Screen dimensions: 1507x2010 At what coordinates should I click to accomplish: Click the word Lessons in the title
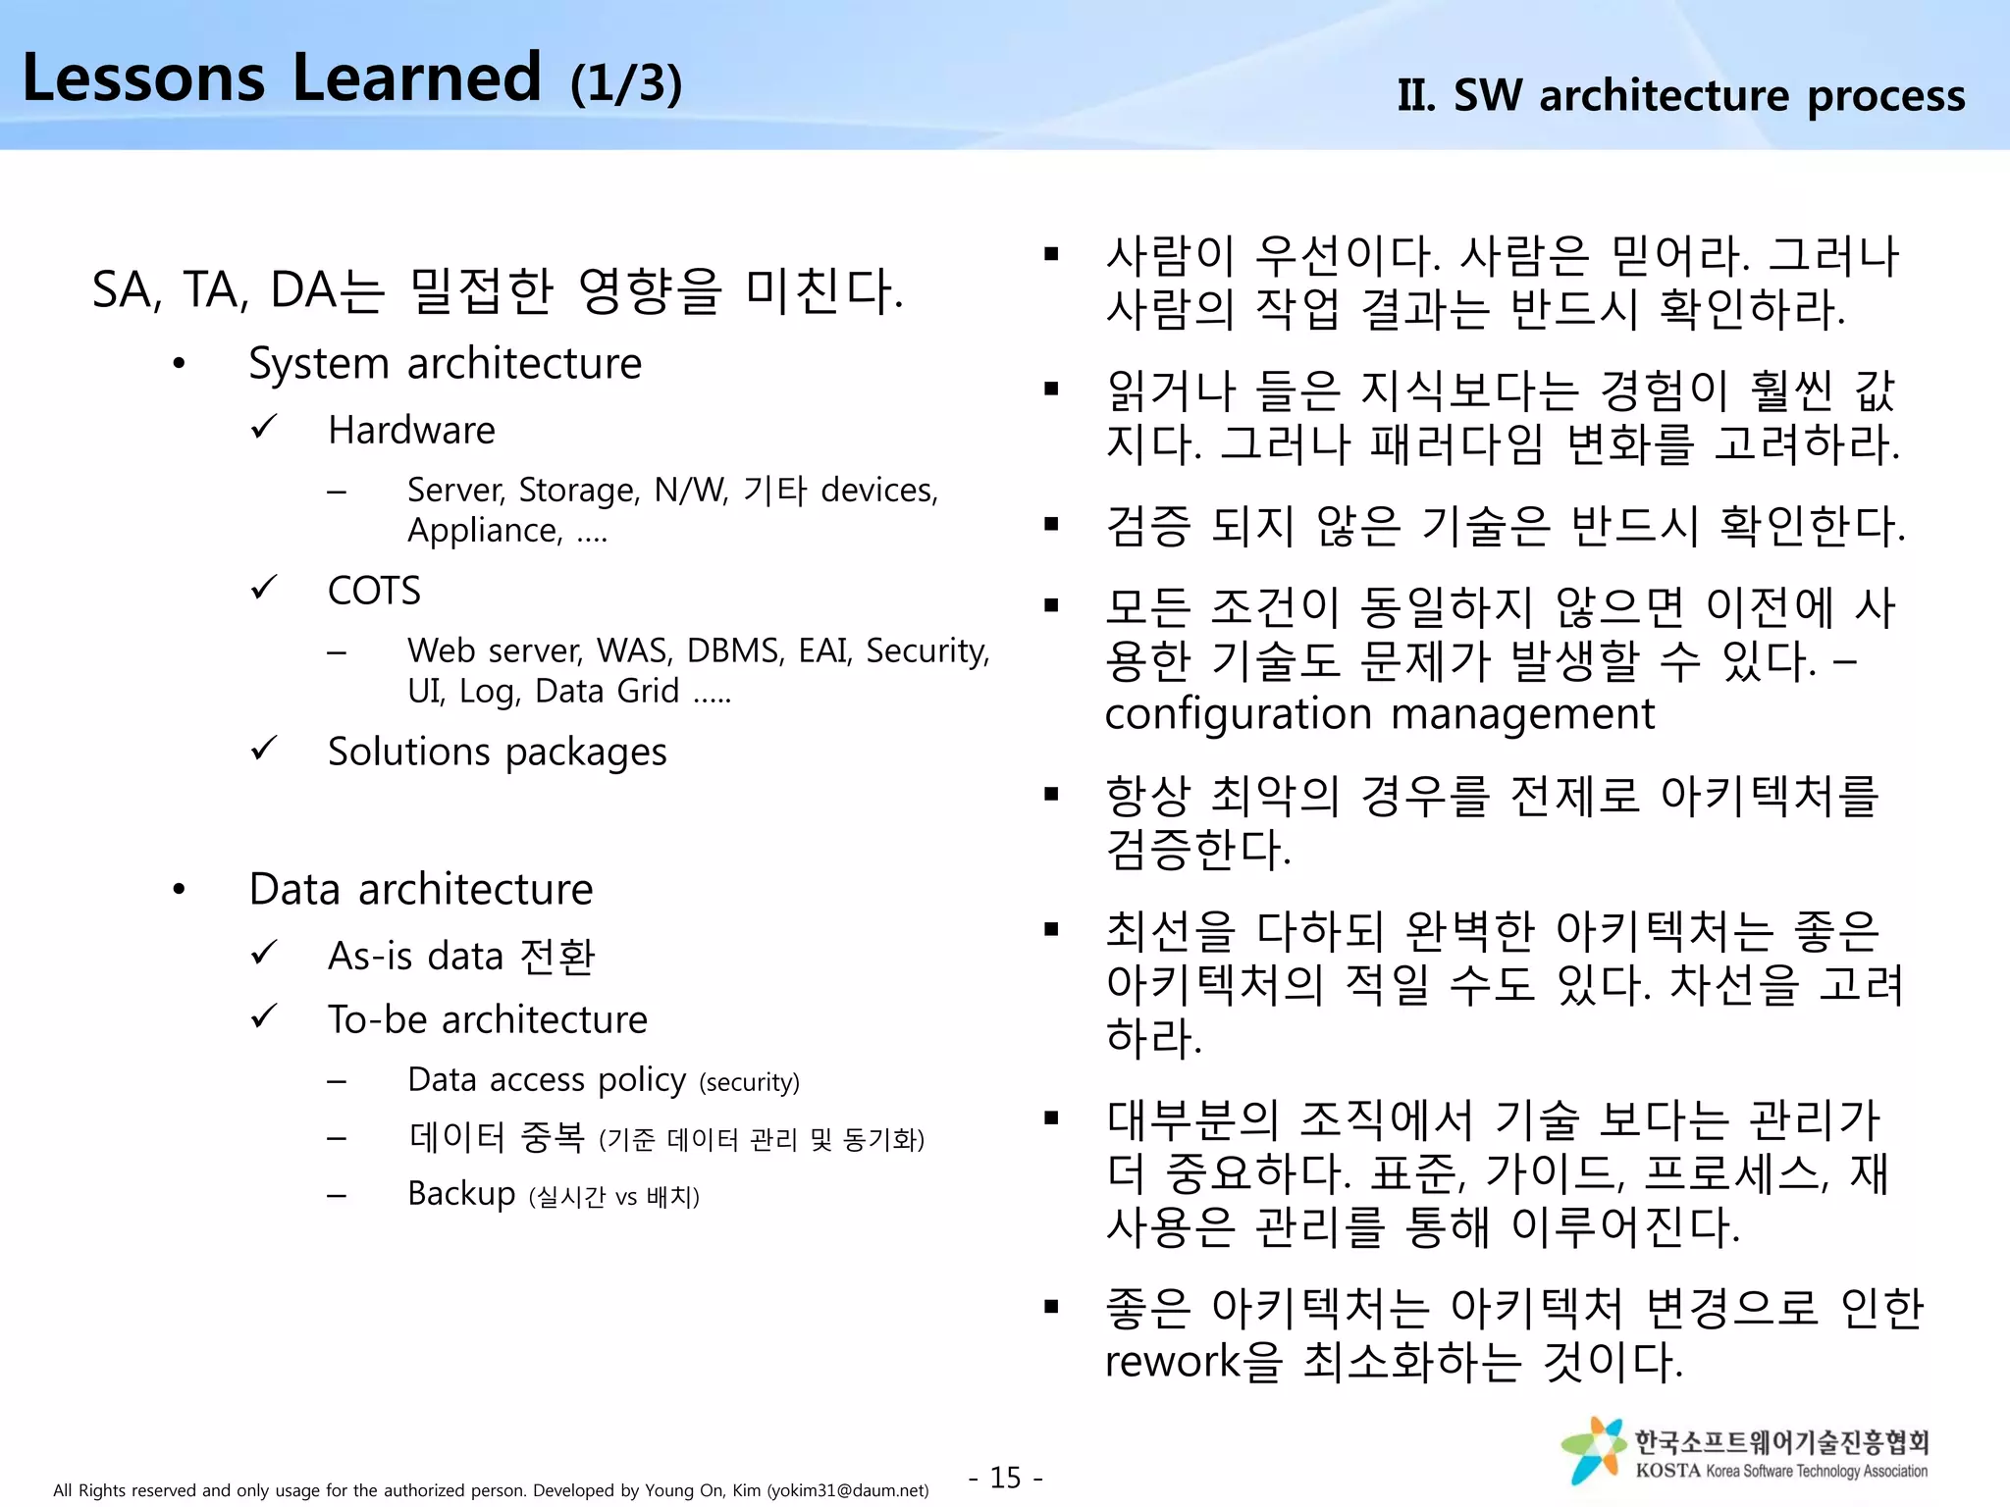[x=143, y=78]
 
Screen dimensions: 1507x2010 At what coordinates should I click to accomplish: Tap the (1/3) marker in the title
[x=625, y=82]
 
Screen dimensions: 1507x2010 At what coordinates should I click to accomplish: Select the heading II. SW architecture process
[x=1680, y=96]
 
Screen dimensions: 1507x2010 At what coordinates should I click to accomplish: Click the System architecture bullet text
[x=445, y=364]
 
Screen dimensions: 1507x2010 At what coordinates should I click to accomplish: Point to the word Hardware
[x=411, y=431]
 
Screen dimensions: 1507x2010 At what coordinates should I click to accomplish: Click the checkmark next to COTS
[x=264, y=589]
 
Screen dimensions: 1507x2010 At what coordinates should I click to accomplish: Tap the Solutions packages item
[x=497, y=753]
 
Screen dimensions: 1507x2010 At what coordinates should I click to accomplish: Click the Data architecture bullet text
[x=421, y=890]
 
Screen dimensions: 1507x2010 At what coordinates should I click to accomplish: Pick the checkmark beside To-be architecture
[x=264, y=1016]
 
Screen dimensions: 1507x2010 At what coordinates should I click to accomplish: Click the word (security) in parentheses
[x=749, y=1083]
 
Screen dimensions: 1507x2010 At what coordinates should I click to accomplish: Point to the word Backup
[x=461, y=1194]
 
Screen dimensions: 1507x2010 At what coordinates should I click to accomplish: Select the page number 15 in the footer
[x=1005, y=1478]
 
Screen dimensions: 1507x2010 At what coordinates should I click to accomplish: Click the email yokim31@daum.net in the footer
[x=847, y=1491]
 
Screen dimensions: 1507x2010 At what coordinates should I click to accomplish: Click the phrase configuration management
[x=1379, y=714]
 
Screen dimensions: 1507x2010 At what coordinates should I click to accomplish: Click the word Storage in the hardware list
[x=578, y=490]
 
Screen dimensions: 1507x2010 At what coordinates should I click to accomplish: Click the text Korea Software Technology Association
[x=1816, y=1472]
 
